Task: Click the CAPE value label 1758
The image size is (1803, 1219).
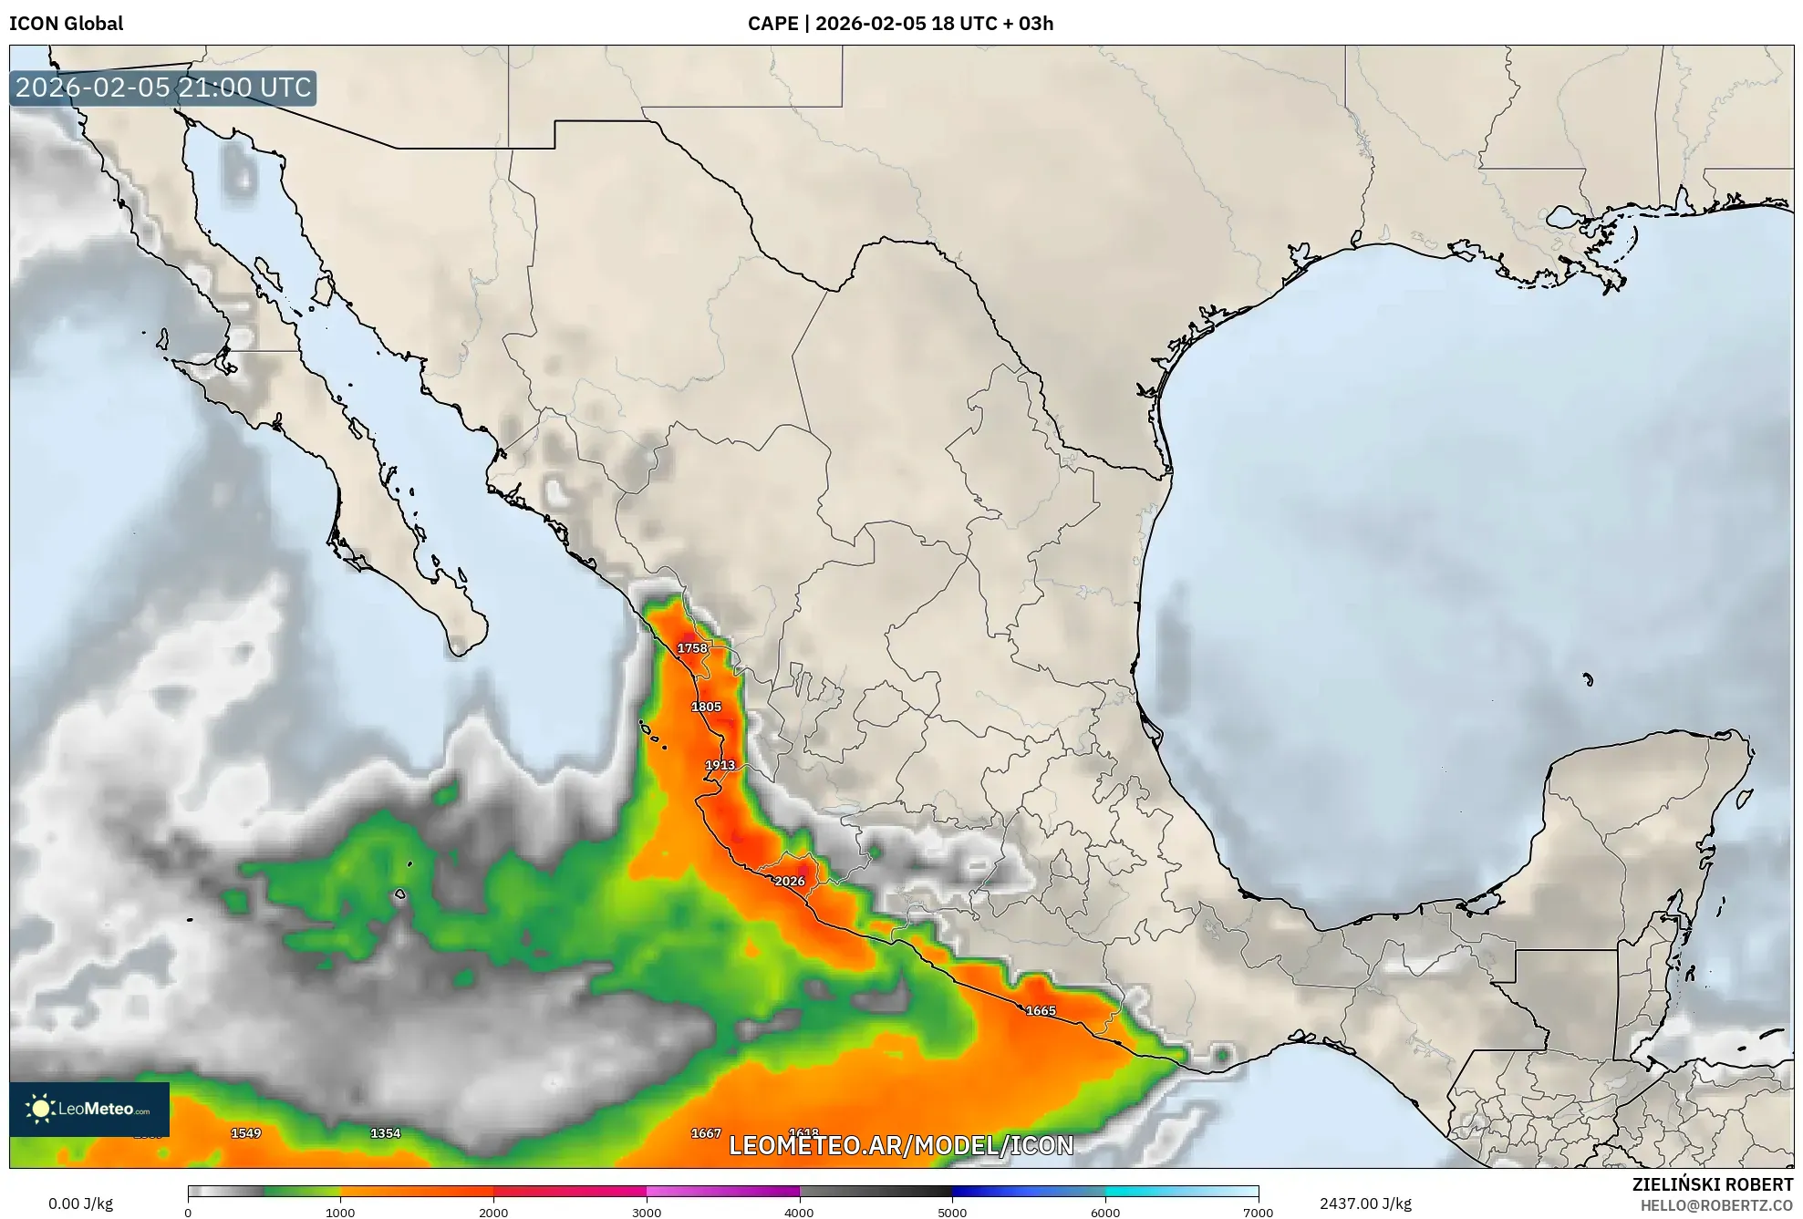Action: [692, 648]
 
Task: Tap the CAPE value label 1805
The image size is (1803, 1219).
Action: [706, 707]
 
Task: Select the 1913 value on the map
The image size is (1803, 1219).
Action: [720, 765]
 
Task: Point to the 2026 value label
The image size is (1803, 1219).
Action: [790, 881]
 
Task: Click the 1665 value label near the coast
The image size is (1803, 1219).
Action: [1041, 1010]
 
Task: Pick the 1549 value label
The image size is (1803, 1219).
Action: [245, 1133]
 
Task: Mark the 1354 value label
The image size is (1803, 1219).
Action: [385, 1133]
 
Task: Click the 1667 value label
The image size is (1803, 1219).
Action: [706, 1133]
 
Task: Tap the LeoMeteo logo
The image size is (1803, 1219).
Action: [89, 1110]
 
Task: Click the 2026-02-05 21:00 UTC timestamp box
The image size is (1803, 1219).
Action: [163, 88]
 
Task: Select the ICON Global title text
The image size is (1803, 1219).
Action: [66, 24]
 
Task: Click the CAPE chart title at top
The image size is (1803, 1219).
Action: [900, 24]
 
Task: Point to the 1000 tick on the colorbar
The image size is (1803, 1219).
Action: [340, 1212]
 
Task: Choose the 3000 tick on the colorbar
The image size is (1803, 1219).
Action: [647, 1212]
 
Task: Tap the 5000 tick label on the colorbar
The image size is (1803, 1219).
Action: [952, 1212]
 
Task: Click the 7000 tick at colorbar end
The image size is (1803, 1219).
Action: [1258, 1212]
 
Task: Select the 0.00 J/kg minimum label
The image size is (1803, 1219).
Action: [80, 1204]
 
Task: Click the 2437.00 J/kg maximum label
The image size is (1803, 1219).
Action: [1365, 1204]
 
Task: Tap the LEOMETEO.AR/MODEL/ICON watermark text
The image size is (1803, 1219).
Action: [901, 1145]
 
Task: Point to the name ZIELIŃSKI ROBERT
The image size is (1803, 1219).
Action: [1712, 1184]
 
